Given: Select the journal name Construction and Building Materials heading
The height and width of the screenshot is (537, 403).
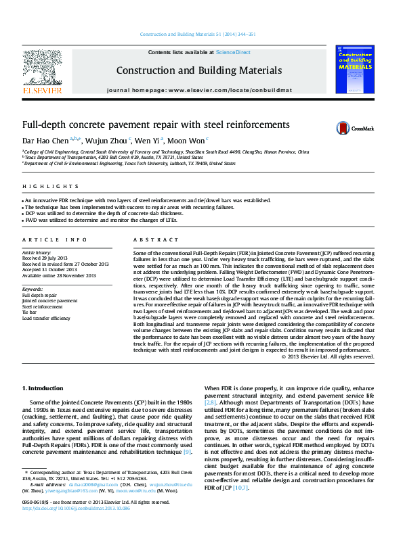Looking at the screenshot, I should coord(198,70).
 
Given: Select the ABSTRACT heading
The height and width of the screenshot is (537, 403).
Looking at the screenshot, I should coord(146,240).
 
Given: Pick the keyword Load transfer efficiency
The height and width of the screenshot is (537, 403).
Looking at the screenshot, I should coord(46,318).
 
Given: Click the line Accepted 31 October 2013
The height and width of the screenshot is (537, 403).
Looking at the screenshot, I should coord(50,269).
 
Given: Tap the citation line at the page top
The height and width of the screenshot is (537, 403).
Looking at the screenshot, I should coord(201,34).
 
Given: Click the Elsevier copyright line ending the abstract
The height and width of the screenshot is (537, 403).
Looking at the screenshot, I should coord(327,356).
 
